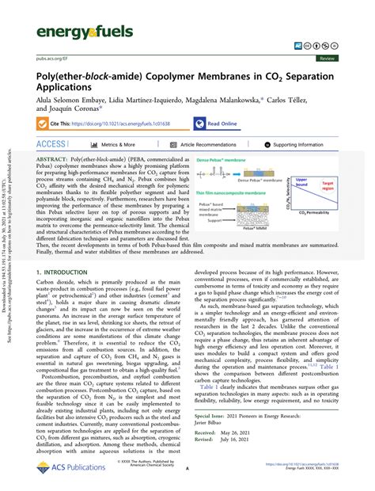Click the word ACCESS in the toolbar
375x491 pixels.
point(52,145)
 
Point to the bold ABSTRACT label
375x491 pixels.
point(53,160)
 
